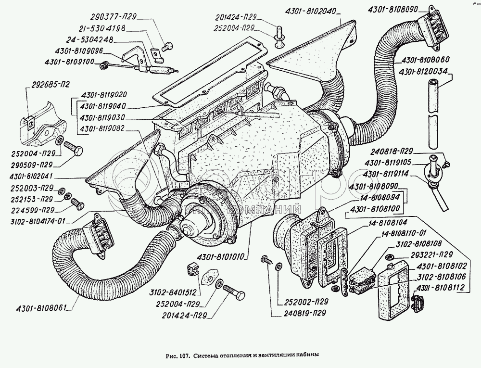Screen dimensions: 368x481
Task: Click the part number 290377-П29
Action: [117, 17]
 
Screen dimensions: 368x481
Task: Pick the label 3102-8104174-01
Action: [34, 221]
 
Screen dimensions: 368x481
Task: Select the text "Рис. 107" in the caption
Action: [177, 356]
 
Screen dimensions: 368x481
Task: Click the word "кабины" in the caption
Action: [306, 356]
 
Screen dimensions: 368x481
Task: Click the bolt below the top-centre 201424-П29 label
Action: [279, 38]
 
